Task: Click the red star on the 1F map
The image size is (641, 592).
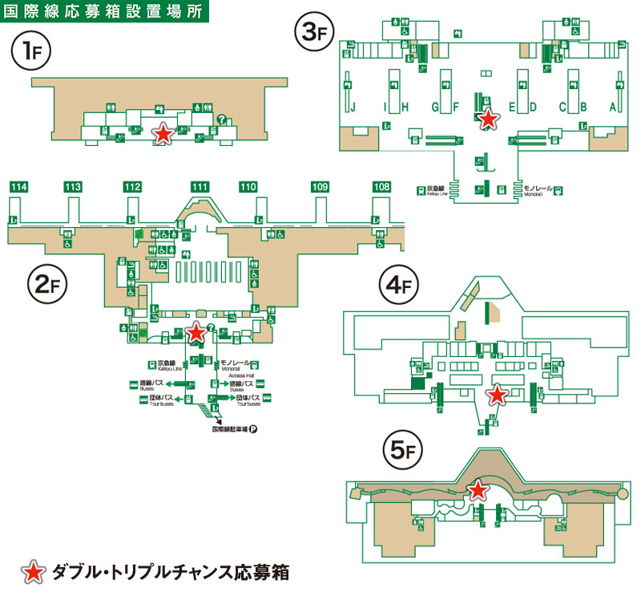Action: click(163, 134)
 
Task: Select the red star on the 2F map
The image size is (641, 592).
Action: click(195, 332)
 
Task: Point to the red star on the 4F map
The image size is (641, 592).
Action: click(497, 394)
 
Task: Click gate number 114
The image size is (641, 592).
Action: click(19, 187)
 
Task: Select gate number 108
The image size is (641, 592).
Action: click(381, 187)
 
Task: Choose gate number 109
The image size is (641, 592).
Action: click(320, 187)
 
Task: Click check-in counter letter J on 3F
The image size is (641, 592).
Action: click(352, 107)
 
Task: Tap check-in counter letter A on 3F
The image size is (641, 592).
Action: click(613, 107)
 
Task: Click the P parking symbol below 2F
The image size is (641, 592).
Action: click(252, 429)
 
